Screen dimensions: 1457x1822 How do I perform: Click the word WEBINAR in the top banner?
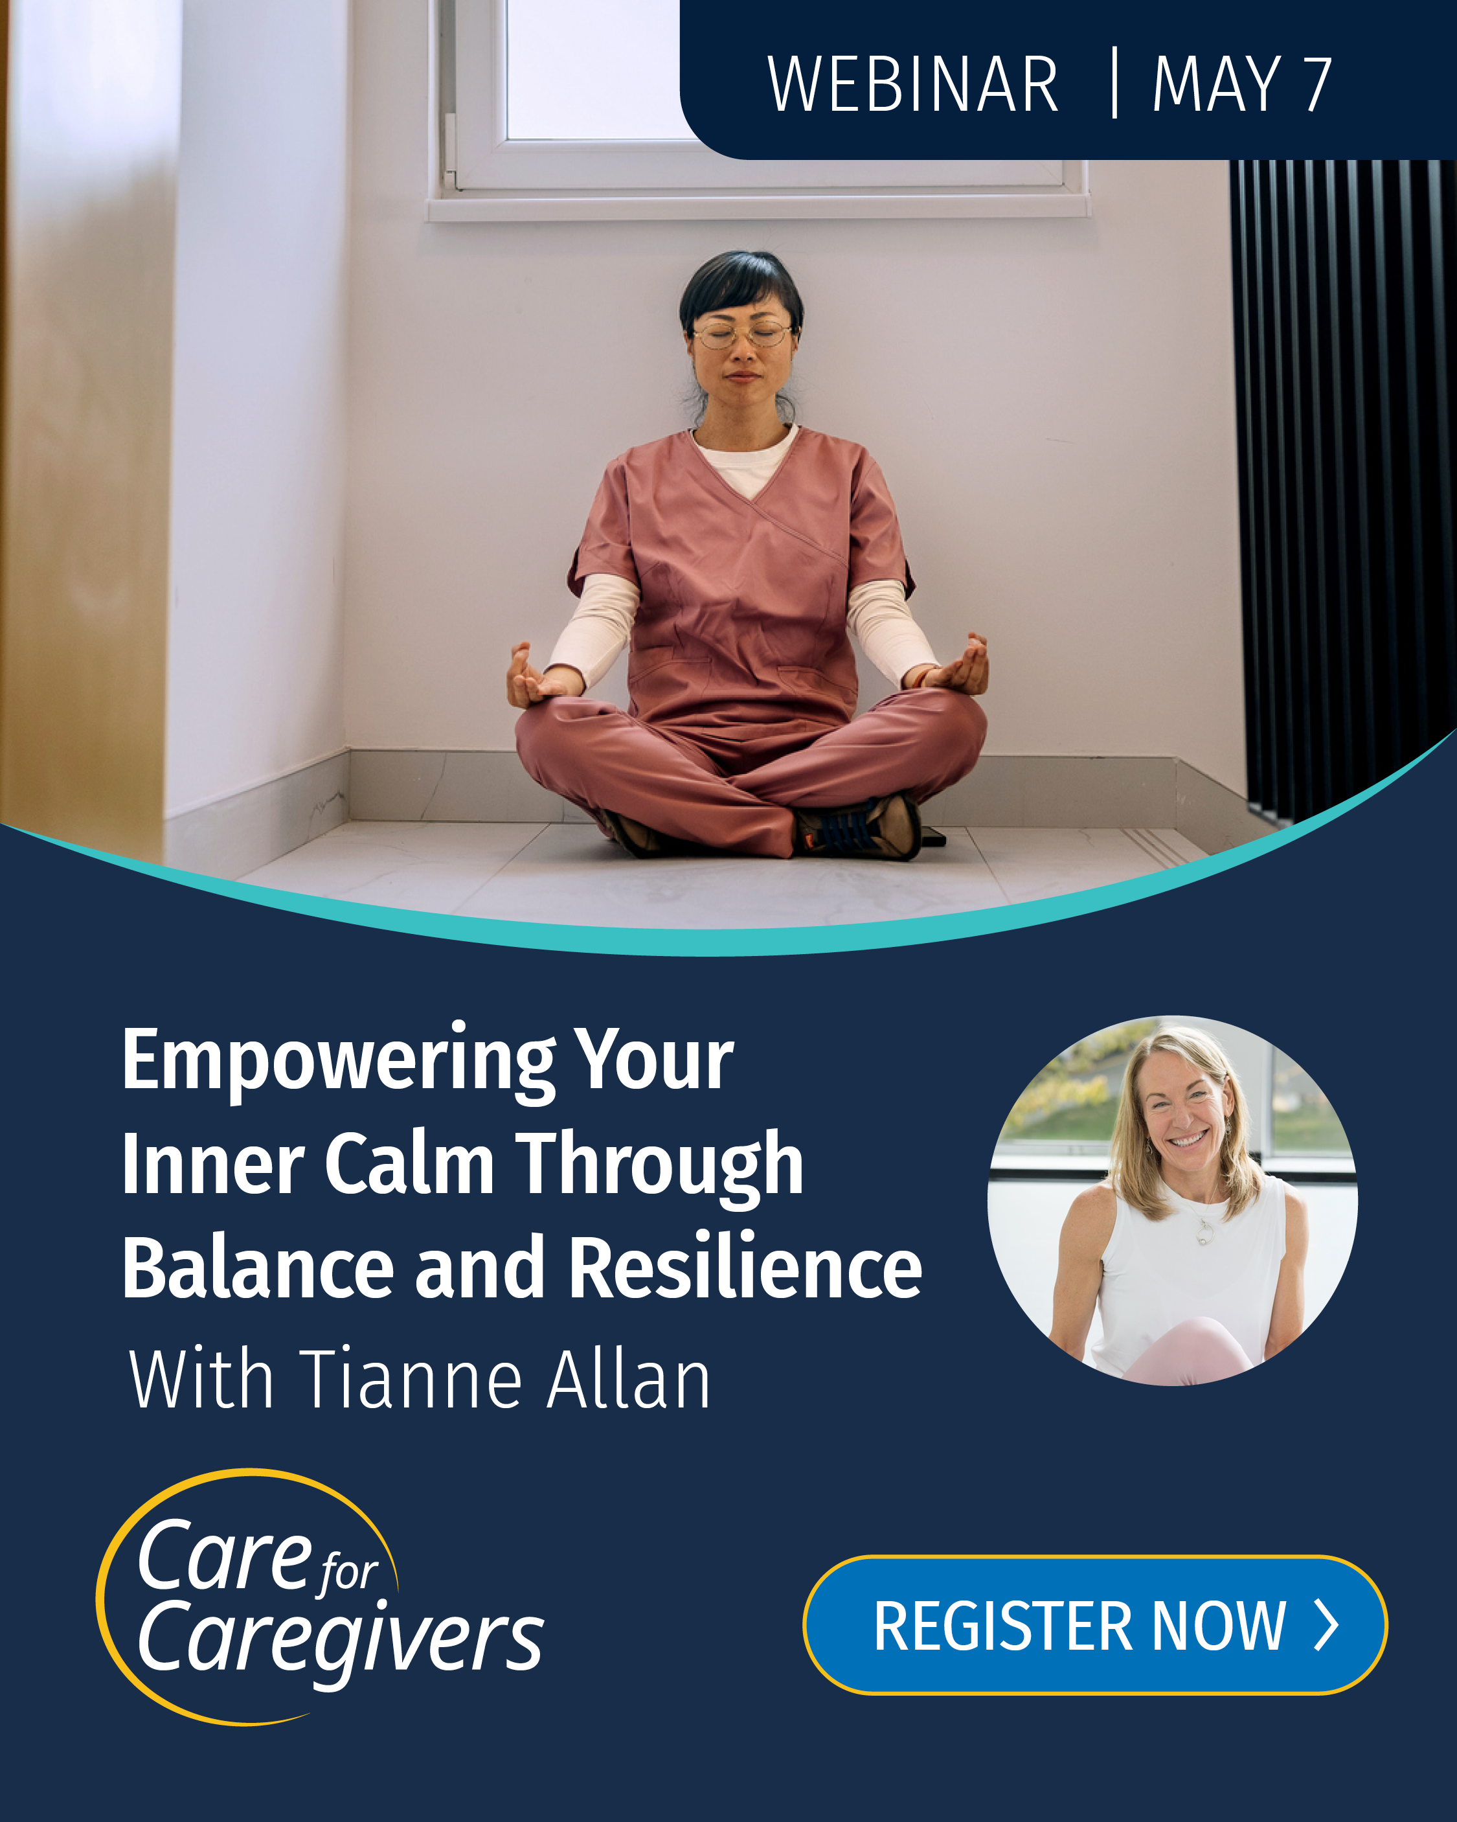913,84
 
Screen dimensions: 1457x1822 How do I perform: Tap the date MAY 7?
1243,84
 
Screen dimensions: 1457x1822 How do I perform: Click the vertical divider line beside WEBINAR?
1114,83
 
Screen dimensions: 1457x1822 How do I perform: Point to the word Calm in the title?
409,1164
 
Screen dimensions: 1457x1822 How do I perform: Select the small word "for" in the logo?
348,1573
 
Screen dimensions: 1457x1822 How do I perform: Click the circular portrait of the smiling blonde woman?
1172,1200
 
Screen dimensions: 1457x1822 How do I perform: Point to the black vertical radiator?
1342,473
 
